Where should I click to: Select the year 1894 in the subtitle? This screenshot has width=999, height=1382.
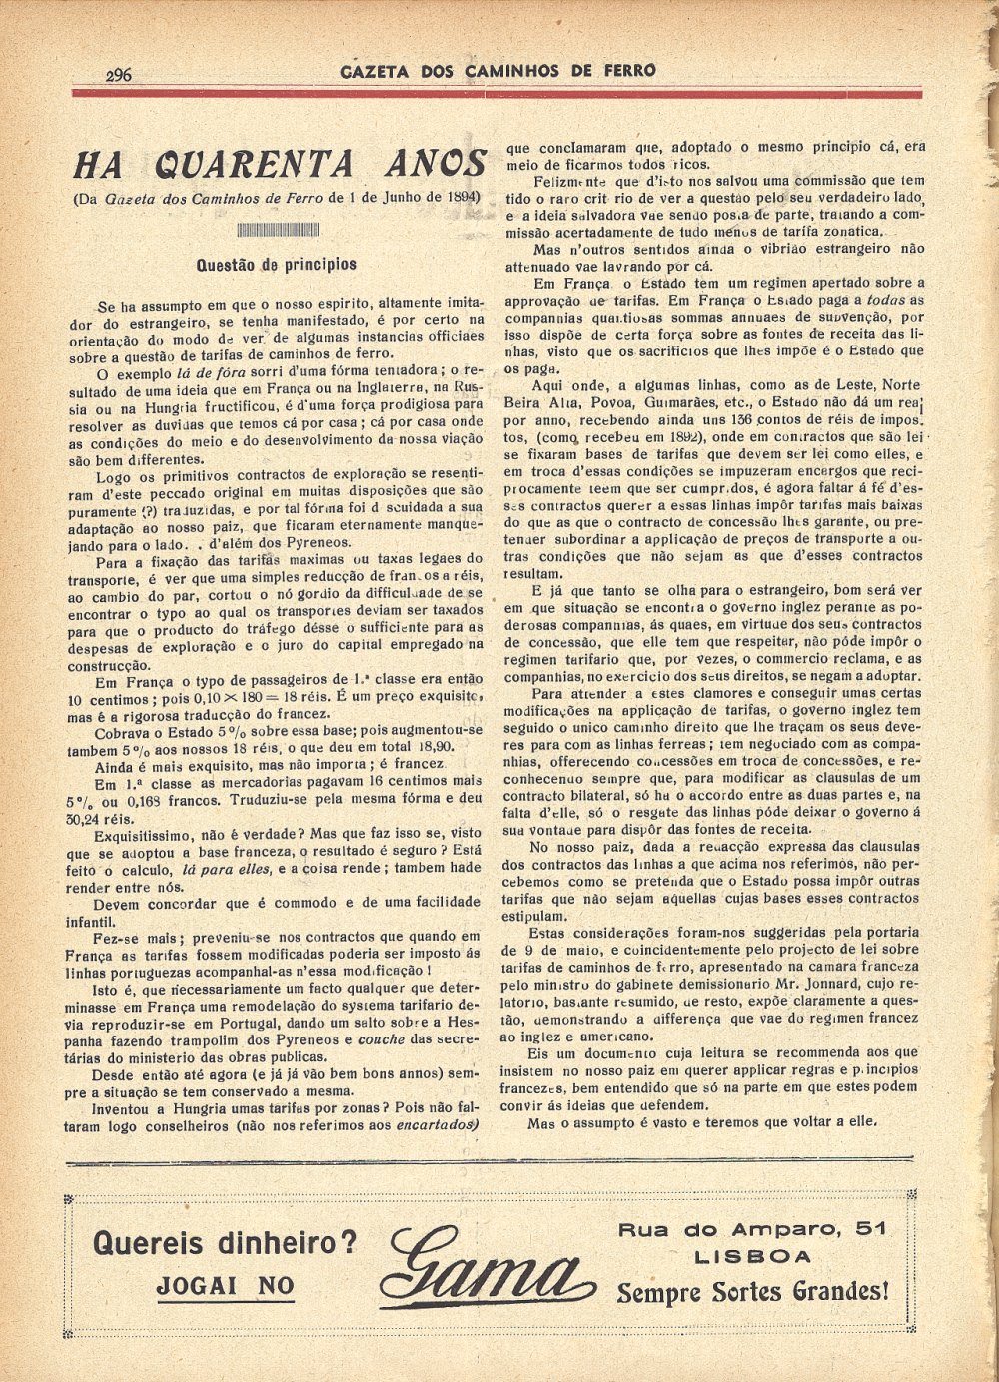point(459,196)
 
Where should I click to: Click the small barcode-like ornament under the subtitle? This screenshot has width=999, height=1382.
point(278,230)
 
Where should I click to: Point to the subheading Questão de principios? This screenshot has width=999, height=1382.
point(277,265)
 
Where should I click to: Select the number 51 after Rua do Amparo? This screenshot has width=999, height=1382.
point(870,1228)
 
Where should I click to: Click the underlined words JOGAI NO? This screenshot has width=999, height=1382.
point(226,1286)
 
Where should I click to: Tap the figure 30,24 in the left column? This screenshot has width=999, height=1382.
point(90,817)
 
